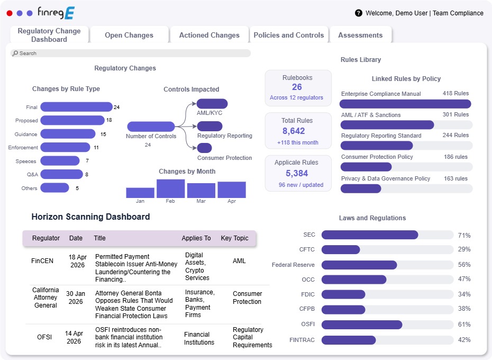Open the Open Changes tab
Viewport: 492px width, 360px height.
[129, 35]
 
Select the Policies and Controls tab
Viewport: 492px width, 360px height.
[288, 35]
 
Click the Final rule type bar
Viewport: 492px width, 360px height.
[76, 107]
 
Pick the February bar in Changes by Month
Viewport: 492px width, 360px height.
[170, 188]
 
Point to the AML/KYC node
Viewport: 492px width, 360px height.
[212, 104]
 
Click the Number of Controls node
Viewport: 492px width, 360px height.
[151, 127]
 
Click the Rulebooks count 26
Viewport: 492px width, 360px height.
[297, 87]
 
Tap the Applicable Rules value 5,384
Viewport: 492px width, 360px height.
[297, 173]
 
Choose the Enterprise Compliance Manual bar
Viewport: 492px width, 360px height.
[405, 104]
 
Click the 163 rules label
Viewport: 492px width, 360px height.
[455, 178]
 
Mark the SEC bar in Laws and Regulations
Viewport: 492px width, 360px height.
[369, 235]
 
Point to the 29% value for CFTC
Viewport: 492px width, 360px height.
[464, 249]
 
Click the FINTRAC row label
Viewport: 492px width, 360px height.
[302, 340]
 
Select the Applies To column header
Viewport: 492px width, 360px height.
[196, 238]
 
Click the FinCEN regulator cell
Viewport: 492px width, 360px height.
[42, 261]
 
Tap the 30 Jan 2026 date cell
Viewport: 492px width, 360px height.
[76, 298]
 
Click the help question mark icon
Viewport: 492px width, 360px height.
[359, 13]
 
